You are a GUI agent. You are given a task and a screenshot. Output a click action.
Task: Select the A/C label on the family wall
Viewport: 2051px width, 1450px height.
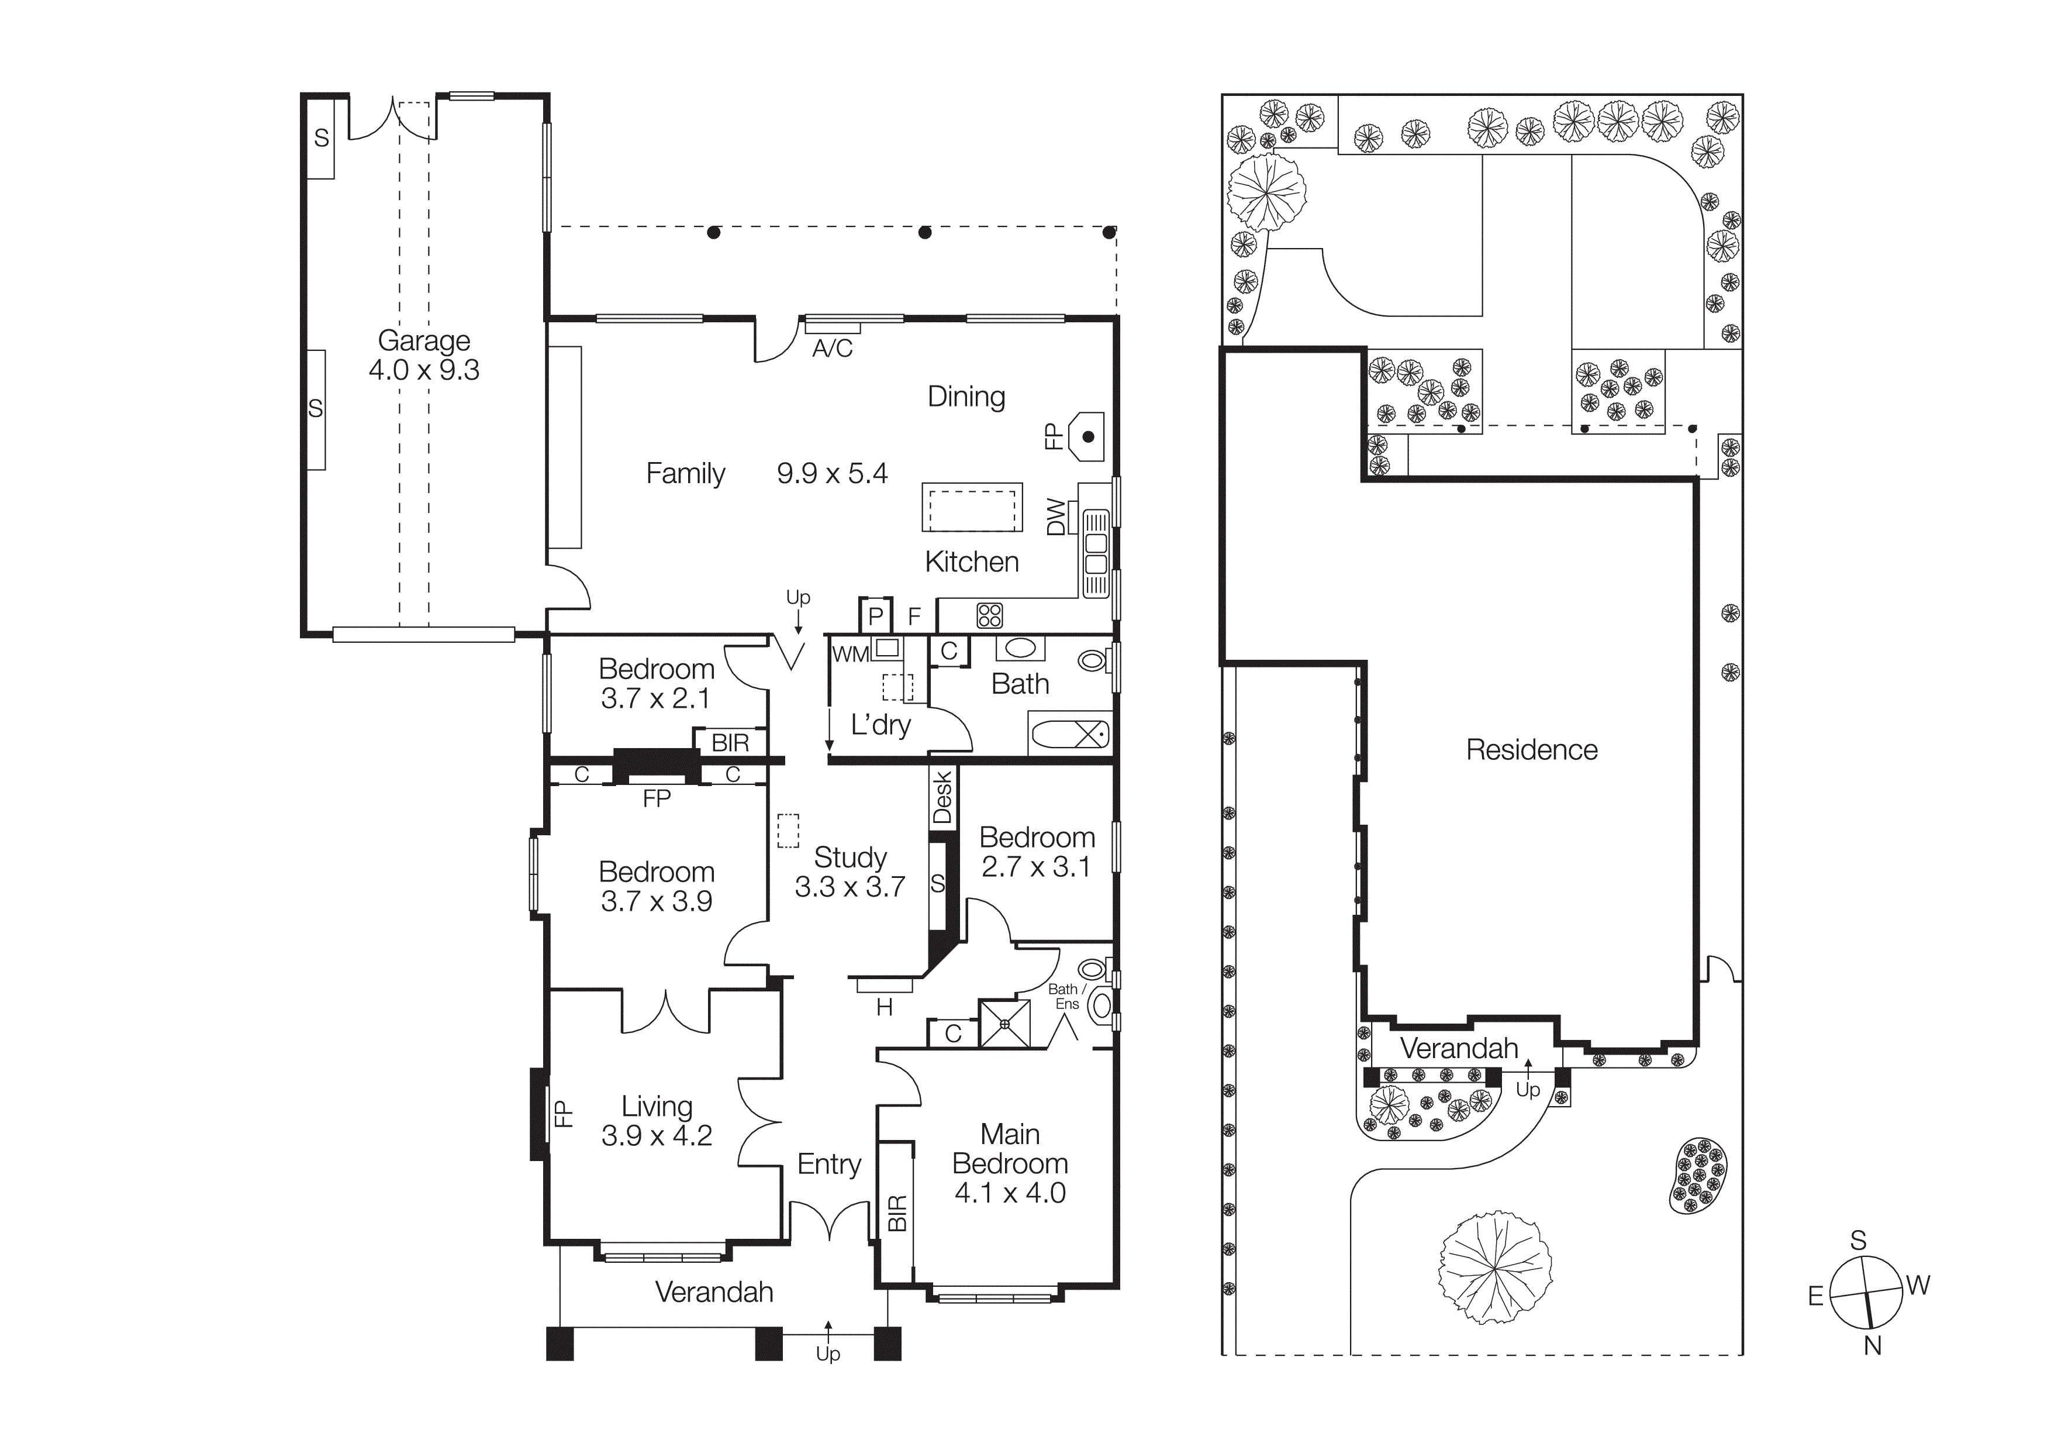(x=831, y=349)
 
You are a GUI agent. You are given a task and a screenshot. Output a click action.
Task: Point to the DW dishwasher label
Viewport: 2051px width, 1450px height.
(x=1056, y=516)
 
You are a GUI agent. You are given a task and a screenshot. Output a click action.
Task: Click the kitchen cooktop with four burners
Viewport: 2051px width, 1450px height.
(x=990, y=615)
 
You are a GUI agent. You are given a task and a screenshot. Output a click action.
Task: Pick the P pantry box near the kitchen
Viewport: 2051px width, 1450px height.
(x=875, y=615)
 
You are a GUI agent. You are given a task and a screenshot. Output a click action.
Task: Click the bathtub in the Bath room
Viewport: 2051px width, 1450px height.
(x=1070, y=735)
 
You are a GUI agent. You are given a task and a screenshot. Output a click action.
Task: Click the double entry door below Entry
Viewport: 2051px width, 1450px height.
(x=830, y=1220)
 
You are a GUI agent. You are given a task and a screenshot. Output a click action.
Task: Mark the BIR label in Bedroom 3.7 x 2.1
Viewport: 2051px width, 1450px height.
(x=730, y=742)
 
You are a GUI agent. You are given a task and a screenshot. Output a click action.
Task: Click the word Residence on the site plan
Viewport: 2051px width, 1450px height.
(x=1531, y=750)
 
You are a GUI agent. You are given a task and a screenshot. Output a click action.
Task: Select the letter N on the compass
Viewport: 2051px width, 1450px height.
(x=1872, y=1345)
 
